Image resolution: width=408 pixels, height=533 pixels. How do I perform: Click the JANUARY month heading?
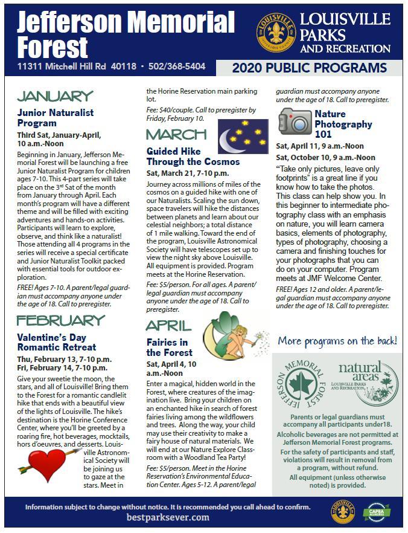click(x=55, y=96)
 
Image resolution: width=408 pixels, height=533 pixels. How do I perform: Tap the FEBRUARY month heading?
click(x=60, y=320)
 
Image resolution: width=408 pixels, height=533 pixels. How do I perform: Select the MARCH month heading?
click(x=176, y=134)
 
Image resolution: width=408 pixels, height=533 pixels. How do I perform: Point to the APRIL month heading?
click(x=168, y=326)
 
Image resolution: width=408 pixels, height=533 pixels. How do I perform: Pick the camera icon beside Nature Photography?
click(x=295, y=121)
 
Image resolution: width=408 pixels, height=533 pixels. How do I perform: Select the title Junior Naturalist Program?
click(x=56, y=118)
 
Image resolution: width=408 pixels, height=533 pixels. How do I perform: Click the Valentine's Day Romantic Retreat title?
click(x=57, y=342)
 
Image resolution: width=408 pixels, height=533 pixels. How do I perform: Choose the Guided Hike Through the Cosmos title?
click(x=193, y=157)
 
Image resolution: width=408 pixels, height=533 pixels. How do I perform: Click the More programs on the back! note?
click(x=337, y=341)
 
